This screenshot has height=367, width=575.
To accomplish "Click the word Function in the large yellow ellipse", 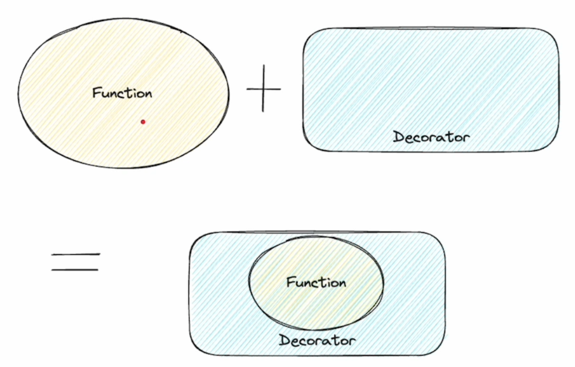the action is (122, 93).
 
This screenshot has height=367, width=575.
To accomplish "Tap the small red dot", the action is (143, 122).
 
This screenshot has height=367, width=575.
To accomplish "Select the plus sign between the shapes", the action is (263, 88).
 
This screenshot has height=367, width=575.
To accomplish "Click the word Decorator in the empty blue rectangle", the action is (431, 137).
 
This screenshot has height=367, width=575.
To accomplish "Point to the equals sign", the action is (75, 262).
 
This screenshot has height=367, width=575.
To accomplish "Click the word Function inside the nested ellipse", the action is (316, 282).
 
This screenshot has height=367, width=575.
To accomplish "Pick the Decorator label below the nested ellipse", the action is (317, 340).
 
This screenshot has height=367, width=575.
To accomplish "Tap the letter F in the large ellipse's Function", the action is (97, 92).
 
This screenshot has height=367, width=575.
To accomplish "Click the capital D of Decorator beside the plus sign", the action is (398, 137).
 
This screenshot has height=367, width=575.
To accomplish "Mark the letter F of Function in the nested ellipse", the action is (290, 282).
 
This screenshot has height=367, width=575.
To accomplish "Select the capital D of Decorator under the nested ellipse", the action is (284, 340).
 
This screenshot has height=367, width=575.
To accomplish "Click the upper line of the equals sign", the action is (75, 254).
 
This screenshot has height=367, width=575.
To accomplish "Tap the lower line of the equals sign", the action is (75, 270).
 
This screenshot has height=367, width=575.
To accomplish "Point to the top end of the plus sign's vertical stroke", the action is (264, 65).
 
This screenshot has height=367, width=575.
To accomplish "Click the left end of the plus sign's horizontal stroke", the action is (247, 89).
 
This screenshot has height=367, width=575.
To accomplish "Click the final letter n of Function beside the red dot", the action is (148, 94).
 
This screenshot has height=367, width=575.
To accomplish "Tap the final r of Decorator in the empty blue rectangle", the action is (466, 138).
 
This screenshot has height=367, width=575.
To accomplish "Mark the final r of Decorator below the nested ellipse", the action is (352, 341).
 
